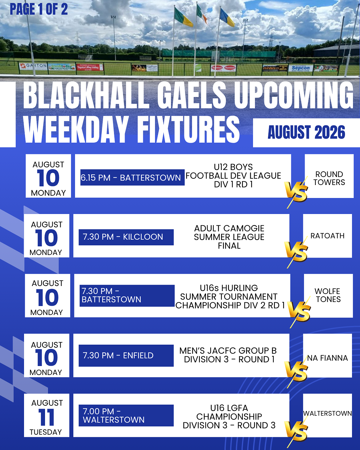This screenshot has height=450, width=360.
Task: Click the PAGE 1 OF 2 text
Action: tap(39, 9)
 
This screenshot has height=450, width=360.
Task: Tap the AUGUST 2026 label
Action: tap(306, 132)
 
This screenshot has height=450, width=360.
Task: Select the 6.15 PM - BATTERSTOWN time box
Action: tap(132, 178)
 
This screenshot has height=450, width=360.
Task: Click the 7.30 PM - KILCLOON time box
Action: tap(126, 237)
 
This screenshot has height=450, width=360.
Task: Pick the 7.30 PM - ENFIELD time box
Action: tap(126, 355)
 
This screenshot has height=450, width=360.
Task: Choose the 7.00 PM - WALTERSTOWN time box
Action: tap(126, 415)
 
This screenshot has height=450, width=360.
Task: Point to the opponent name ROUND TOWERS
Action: tap(329, 178)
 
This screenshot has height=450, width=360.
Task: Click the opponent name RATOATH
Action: tap(327, 236)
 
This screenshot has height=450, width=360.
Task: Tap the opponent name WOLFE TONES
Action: tap(328, 295)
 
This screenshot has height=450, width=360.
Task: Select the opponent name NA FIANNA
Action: tap(327, 358)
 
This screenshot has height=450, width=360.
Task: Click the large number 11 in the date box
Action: tap(46, 417)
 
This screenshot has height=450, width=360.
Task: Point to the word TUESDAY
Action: tap(46, 432)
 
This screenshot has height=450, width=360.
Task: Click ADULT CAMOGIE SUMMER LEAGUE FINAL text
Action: tap(229, 237)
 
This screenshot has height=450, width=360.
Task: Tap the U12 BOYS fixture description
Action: tap(233, 176)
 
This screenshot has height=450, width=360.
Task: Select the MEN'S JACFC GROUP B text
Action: tap(228, 351)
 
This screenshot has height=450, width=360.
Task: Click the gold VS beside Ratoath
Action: tap(296, 252)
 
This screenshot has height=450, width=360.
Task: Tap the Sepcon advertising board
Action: tap(301, 68)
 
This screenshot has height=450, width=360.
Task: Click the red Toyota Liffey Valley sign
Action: tap(90, 67)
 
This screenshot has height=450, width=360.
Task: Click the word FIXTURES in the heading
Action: tap(188, 129)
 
